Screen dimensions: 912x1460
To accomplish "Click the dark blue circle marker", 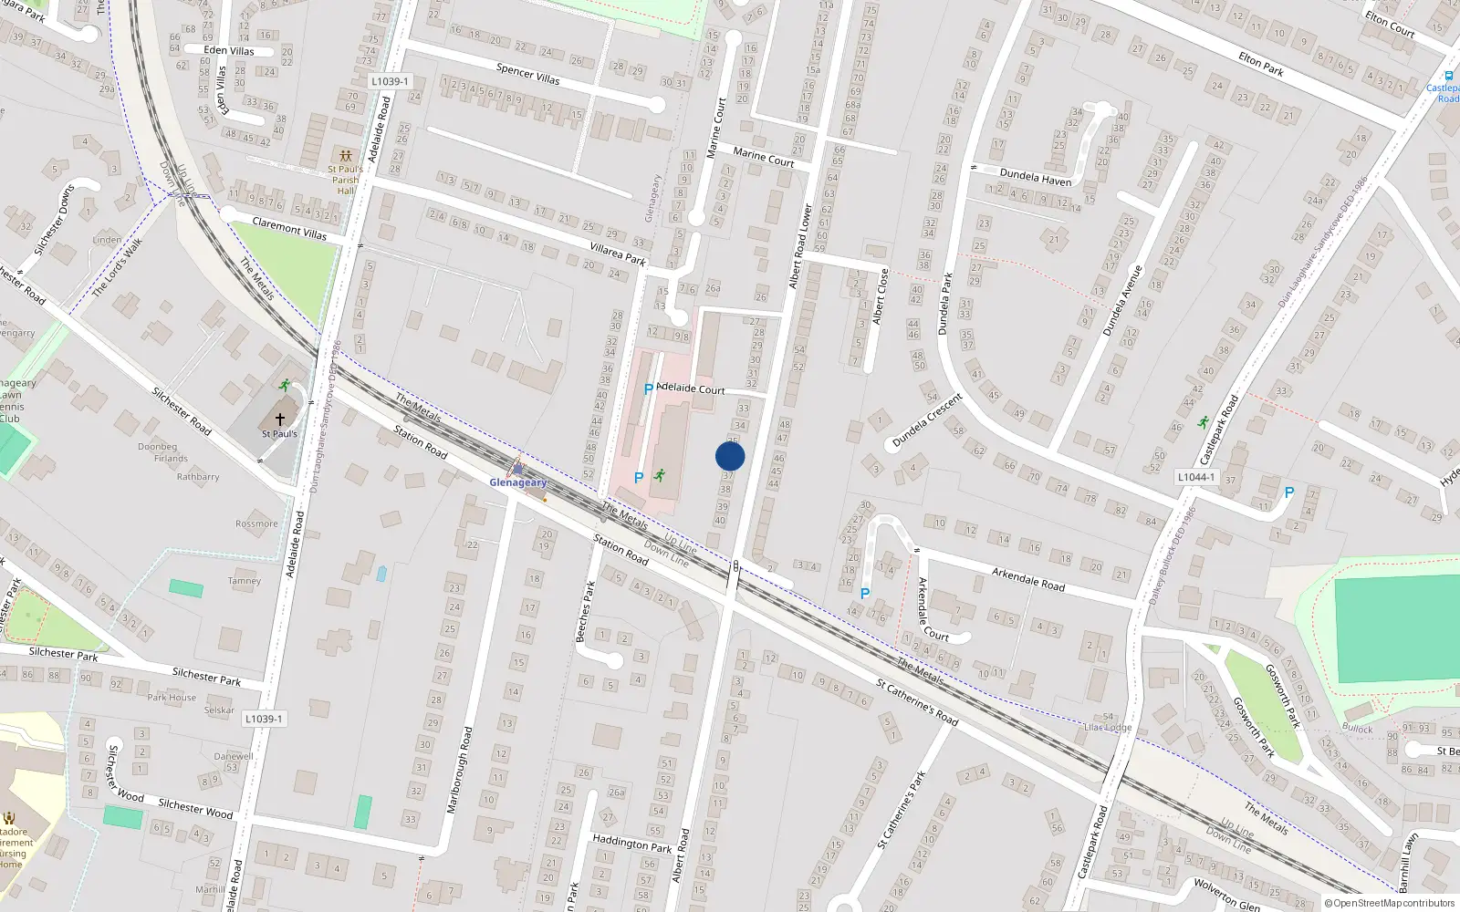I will coord(730,456).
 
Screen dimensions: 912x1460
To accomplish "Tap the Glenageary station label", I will coord(518,482).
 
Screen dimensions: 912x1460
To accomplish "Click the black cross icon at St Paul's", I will coord(280,419).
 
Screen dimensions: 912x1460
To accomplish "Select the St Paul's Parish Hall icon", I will coord(344,156).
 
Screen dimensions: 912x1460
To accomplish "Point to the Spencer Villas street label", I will coord(527,74).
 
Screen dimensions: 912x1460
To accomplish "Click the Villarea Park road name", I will coord(618,254).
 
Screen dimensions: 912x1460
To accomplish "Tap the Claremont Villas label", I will coord(288,228).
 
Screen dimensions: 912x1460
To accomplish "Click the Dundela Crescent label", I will coord(927,420).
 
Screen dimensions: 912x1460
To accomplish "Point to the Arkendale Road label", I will coord(1027,579).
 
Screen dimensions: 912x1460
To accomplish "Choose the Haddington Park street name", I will coord(632,843).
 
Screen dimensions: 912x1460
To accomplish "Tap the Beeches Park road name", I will coord(585,611).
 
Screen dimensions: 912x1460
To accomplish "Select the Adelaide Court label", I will coord(690,389).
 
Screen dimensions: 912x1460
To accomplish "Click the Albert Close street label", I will coord(880,296).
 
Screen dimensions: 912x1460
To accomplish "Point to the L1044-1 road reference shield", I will coord(1195,477).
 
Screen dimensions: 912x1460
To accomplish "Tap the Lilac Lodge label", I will coord(1108,727).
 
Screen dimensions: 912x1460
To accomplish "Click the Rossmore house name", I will coord(256,523).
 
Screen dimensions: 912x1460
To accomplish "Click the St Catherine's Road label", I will coord(917,701).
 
